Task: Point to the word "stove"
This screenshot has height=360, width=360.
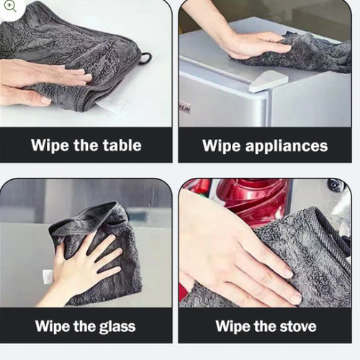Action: tap(293, 326)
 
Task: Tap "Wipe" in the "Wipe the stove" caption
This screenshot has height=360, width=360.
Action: tap(235, 326)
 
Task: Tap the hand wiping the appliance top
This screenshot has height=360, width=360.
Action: tap(252, 45)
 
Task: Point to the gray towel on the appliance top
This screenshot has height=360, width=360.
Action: tap(302, 52)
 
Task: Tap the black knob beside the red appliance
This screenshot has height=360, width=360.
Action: tap(336, 184)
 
